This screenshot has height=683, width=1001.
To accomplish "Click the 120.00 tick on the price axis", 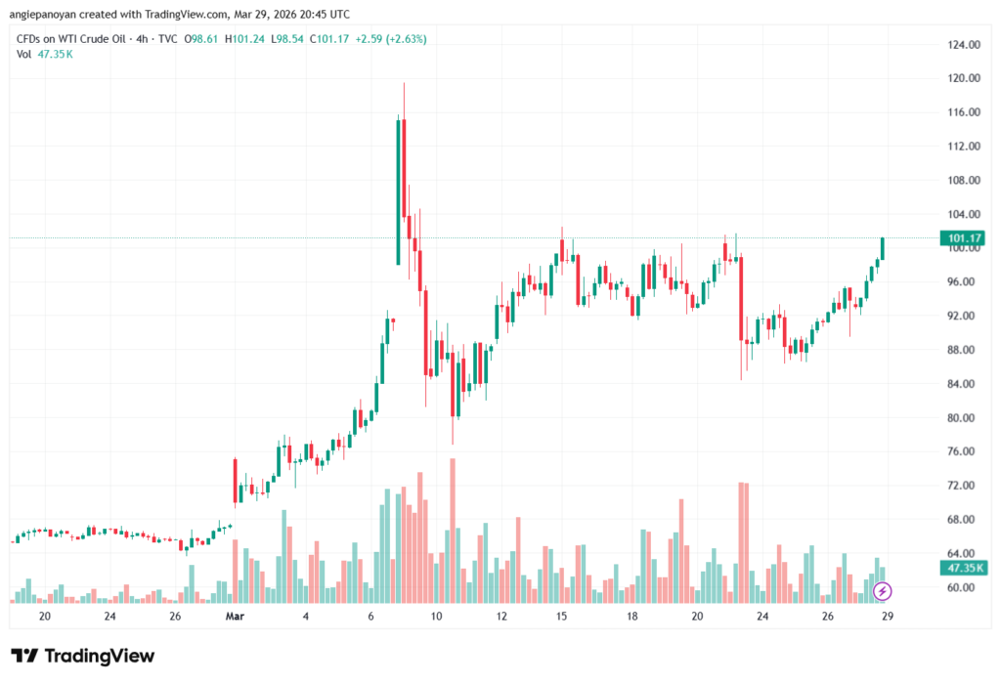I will pyautogui.click(x=964, y=78).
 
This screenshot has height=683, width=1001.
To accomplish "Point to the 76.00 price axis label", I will pyautogui.click(x=964, y=451).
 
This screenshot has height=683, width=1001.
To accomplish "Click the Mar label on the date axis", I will pyautogui.click(x=234, y=617).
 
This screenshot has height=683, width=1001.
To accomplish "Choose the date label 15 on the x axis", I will pyautogui.click(x=561, y=617).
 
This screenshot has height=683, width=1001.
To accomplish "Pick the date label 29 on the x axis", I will pyautogui.click(x=887, y=617).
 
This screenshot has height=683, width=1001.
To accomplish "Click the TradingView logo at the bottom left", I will pyautogui.click(x=82, y=656).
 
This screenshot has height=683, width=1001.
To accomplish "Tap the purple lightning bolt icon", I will pyautogui.click(x=882, y=591).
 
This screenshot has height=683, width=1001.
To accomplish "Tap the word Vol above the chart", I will pyautogui.click(x=24, y=54).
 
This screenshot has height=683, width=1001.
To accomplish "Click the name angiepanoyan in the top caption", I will pyautogui.click(x=49, y=13).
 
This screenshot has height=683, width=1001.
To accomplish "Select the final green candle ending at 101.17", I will pyautogui.click(x=882, y=248).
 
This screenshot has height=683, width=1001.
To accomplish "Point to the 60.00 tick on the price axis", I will pyautogui.click(x=964, y=587).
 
